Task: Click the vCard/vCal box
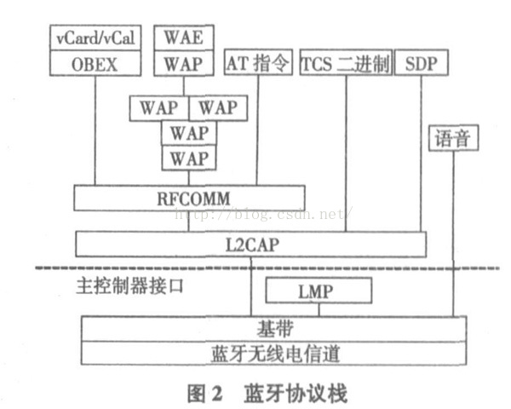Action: coord(95,38)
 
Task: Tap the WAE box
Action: coord(183,38)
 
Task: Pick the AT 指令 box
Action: coord(257,63)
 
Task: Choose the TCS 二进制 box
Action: coord(345,63)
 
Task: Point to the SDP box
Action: coord(421,63)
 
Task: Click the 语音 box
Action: coord(451,137)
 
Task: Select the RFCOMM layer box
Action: coord(188,198)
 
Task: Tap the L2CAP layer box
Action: coord(250,243)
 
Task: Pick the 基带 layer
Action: coord(273,328)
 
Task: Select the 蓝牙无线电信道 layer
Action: coord(273,352)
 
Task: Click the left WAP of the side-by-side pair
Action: coord(158,108)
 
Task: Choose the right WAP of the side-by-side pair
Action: coord(217,108)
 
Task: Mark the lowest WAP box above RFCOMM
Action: coord(188,158)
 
